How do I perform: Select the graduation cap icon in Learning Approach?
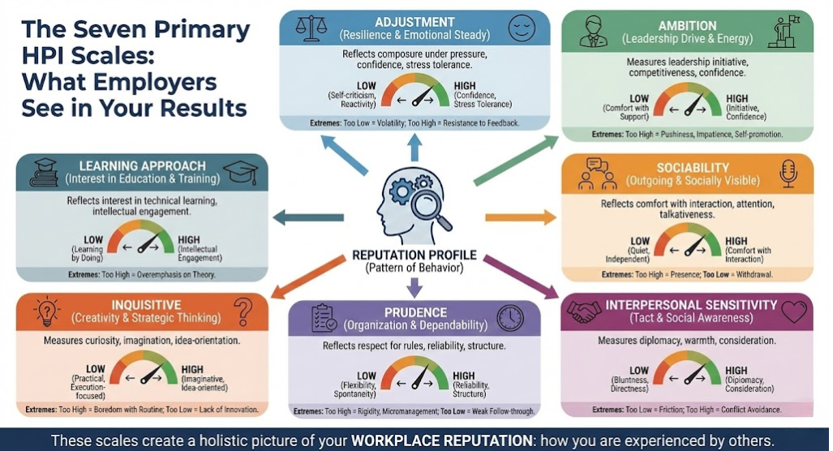[239, 172]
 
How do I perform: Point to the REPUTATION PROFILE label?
[414, 256]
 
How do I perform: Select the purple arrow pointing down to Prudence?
[414, 285]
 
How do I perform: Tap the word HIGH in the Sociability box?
[736, 242]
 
